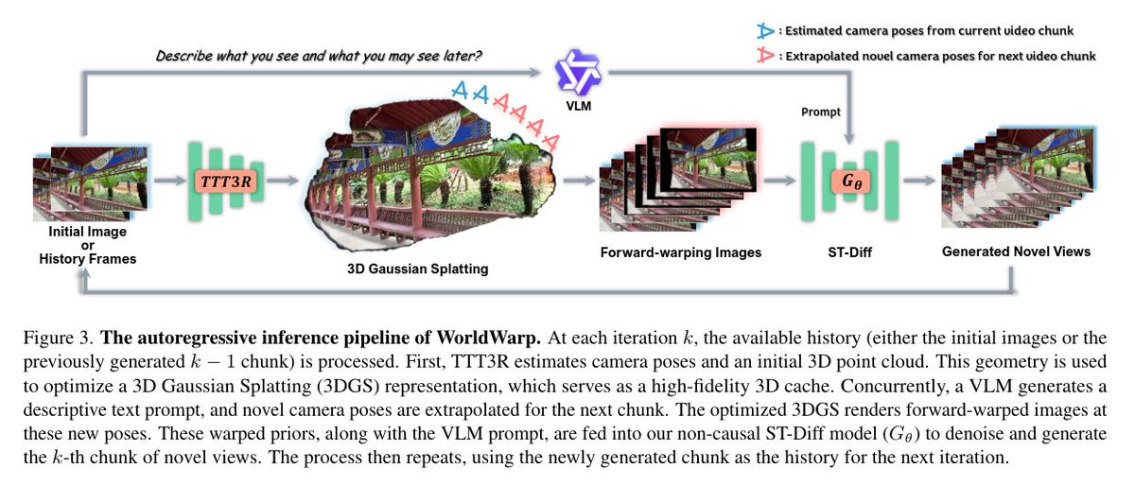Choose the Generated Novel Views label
coord(1016,252)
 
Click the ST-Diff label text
coord(851,252)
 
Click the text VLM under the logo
coord(578,106)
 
